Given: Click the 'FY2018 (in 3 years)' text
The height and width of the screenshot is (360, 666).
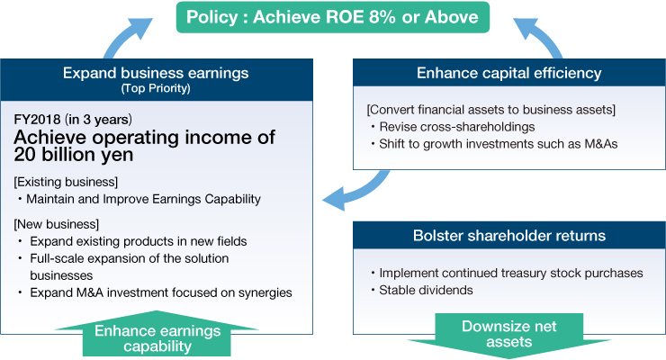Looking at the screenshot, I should click(x=71, y=119).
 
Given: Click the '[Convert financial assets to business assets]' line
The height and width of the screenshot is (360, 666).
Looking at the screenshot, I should click(x=490, y=110).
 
